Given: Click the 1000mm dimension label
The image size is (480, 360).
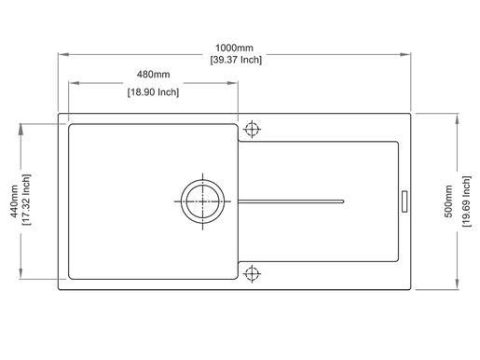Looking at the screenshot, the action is point(234,48).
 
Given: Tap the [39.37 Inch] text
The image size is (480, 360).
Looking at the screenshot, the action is point(236,60).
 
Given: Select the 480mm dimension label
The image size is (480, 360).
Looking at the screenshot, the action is point(153,75).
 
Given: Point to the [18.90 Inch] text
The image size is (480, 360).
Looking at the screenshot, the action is point(153,92).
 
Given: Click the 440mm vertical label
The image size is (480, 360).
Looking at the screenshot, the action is point(14,201).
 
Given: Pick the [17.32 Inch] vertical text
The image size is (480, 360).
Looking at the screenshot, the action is point(26,200).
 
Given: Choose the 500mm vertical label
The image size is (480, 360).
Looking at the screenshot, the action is point(448,201).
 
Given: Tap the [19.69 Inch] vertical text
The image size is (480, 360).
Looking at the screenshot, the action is point(466,201).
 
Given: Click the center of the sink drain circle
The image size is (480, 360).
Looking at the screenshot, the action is point(202,201).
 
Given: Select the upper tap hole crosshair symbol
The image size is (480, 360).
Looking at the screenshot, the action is point(252,129).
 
